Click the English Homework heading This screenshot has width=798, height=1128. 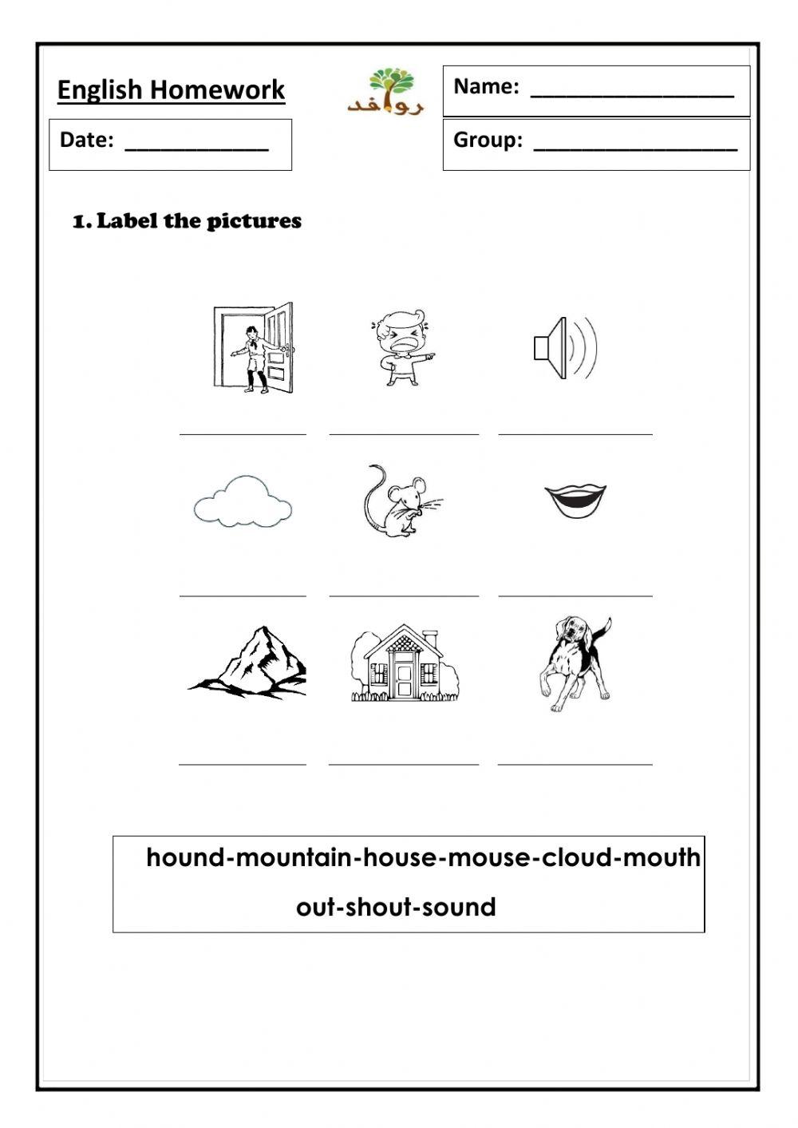(171, 89)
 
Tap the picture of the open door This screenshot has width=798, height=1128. (254, 348)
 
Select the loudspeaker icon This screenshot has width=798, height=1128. (565, 348)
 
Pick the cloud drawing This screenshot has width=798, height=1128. (243, 501)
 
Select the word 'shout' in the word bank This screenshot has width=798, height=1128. (378, 907)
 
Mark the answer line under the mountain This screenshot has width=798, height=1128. (243, 763)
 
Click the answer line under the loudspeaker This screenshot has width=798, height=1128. (575, 433)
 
